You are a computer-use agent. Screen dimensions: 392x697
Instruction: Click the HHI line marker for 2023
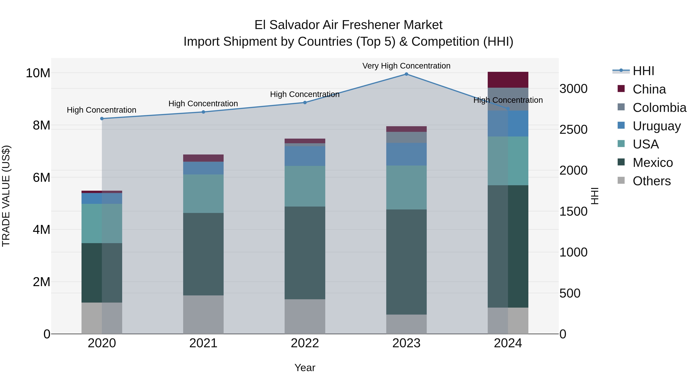click(x=406, y=74)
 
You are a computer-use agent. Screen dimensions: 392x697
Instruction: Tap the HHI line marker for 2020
click(x=102, y=118)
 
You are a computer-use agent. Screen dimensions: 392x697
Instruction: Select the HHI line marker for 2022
click(x=305, y=103)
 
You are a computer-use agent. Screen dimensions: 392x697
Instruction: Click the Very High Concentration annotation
click(x=406, y=66)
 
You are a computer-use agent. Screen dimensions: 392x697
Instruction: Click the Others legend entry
click(x=652, y=181)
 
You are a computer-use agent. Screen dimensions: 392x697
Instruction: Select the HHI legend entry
click(x=643, y=71)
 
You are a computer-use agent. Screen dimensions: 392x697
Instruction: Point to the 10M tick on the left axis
click(x=38, y=73)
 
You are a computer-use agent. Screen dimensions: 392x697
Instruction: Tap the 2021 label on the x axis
click(x=203, y=343)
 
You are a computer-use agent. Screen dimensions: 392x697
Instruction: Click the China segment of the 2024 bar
click(x=508, y=80)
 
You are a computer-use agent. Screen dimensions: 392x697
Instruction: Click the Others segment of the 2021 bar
click(x=203, y=314)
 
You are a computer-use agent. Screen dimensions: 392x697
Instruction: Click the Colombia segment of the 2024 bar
click(x=508, y=99)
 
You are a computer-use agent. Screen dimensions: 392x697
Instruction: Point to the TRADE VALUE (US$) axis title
click(x=6, y=196)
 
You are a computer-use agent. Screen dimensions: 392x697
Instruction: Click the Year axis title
click(x=305, y=368)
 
